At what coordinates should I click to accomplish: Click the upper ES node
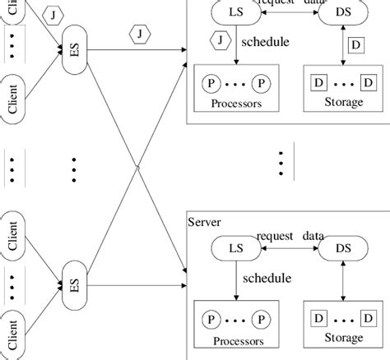pos(74,51)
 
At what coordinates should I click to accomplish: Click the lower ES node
pos(74,285)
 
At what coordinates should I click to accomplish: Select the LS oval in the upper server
pos(236,12)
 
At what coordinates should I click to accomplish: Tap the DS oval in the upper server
pos(340,12)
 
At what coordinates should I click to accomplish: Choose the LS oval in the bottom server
pos(236,247)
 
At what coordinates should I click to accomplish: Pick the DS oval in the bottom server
pos(341,247)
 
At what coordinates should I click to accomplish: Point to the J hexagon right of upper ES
pos(141,34)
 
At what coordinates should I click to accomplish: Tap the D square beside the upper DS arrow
pos(355,44)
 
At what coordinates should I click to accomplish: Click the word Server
pos(205,222)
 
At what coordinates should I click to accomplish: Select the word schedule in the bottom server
pos(267,278)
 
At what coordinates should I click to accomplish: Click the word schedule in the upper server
pos(265,41)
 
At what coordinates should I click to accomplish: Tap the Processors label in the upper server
pos(236,104)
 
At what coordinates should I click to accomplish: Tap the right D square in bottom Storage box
pos(366,317)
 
